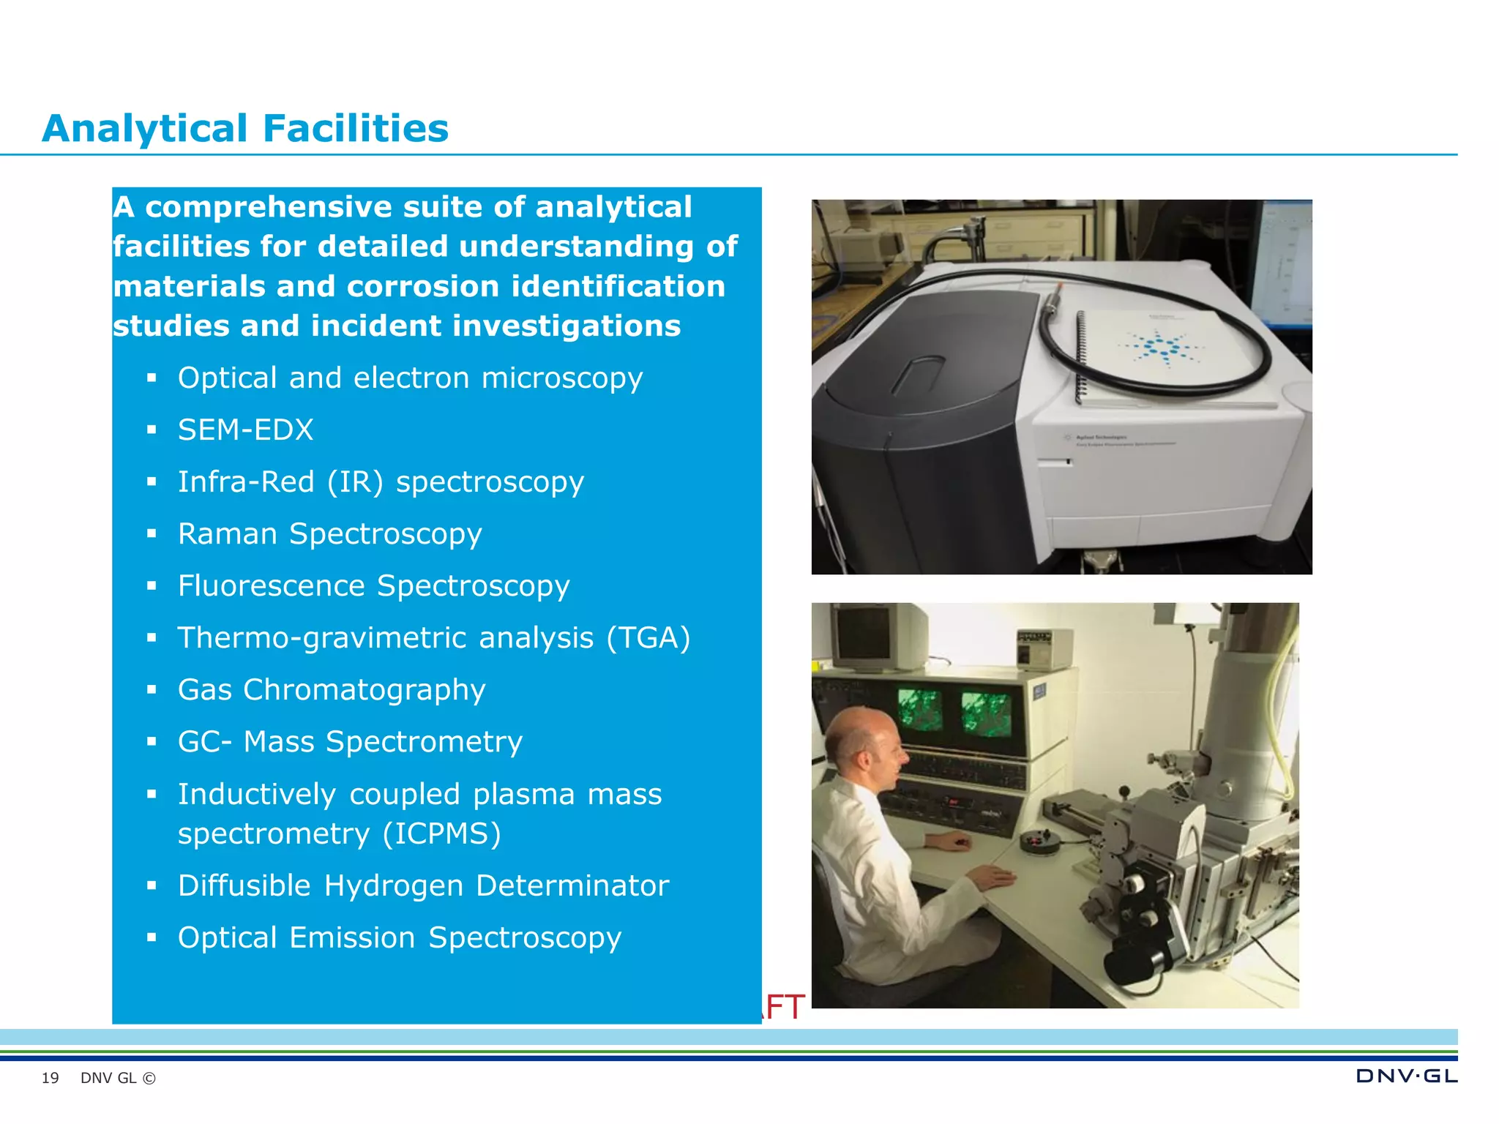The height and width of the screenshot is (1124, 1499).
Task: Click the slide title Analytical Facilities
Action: pyautogui.click(x=245, y=129)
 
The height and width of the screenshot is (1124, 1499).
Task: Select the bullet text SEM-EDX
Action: pyautogui.click(x=245, y=430)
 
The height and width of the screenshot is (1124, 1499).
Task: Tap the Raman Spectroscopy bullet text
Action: pyautogui.click(x=329, y=534)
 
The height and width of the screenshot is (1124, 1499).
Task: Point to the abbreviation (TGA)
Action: pyautogui.click(x=648, y=638)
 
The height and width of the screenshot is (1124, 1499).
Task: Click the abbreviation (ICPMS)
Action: pyautogui.click(x=441, y=834)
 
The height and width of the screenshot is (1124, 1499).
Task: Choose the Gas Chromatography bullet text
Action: pyautogui.click(x=332, y=690)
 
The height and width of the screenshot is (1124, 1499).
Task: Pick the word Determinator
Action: pyautogui.click(x=572, y=886)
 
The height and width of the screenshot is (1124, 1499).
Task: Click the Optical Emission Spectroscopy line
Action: pyautogui.click(x=400, y=938)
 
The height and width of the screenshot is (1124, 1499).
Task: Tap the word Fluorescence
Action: pyautogui.click(x=271, y=586)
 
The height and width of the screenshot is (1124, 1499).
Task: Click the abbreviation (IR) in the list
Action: pyautogui.click(x=355, y=482)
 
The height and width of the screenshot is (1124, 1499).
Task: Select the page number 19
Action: pyautogui.click(x=50, y=1078)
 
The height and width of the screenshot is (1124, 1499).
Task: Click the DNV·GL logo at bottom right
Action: pyautogui.click(x=1406, y=1076)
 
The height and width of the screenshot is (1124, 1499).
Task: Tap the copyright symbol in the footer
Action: pyautogui.click(x=149, y=1078)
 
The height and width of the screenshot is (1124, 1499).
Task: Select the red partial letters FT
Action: pyautogui.click(x=784, y=1008)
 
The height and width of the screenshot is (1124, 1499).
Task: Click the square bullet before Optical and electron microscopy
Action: pyautogui.click(x=152, y=378)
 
